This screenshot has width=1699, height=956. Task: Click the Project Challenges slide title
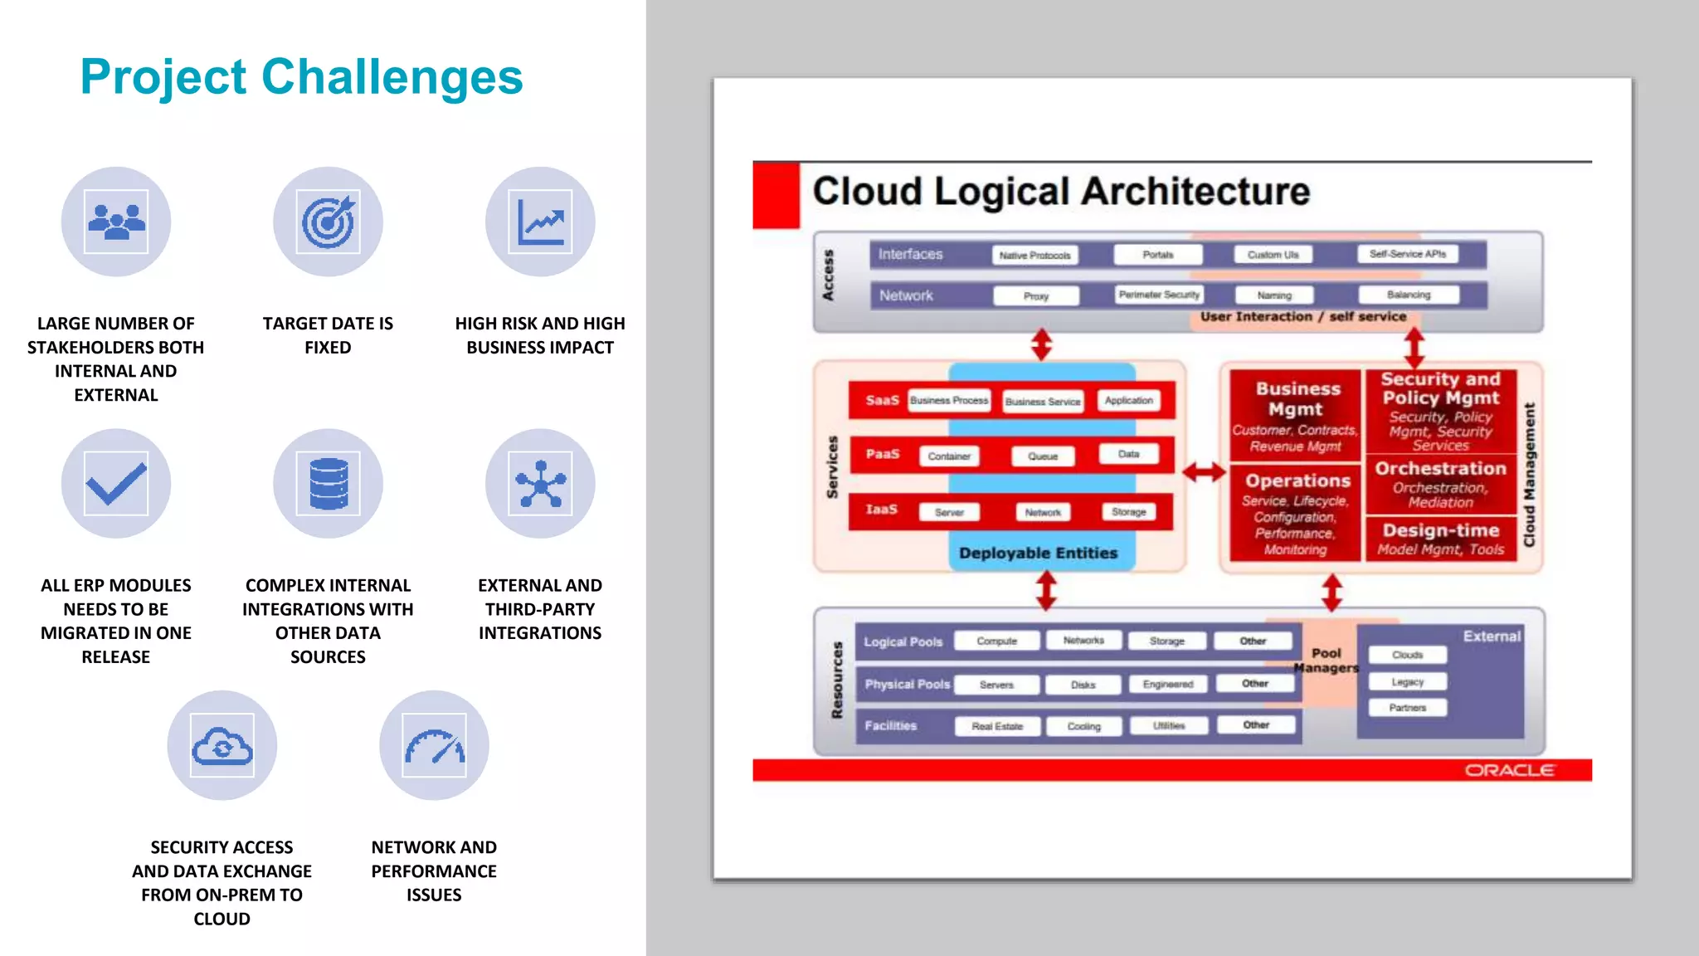click(301, 76)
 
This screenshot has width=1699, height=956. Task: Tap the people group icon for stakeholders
click(116, 222)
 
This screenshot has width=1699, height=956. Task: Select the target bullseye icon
click(329, 222)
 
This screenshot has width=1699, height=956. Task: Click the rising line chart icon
click(540, 222)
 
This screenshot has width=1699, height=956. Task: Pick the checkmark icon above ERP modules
click(116, 484)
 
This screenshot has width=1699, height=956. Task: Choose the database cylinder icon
click(329, 484)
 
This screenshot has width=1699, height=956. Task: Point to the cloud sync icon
click(222, 745)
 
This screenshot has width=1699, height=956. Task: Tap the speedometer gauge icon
click(434, 745)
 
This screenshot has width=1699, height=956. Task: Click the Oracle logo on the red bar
click(1509, 770)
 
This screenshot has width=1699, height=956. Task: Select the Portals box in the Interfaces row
click(1158, 255)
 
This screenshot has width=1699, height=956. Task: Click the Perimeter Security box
click(1159, 295)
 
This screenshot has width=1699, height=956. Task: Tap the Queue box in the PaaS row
click(1043, 456)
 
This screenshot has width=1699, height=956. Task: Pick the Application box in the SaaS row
click(1128, 400)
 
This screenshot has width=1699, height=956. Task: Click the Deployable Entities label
click(1038, 553)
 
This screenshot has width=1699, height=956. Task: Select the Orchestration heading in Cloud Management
click(1440, 468)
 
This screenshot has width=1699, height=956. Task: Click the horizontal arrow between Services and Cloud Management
click(1204, 472)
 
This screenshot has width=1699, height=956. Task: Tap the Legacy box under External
click(1407, 681)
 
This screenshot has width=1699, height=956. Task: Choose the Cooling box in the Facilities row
click(1083, 726)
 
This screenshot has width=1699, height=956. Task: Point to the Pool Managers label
click(1326, 660)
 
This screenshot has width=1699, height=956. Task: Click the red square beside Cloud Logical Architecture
click(776, 195)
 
